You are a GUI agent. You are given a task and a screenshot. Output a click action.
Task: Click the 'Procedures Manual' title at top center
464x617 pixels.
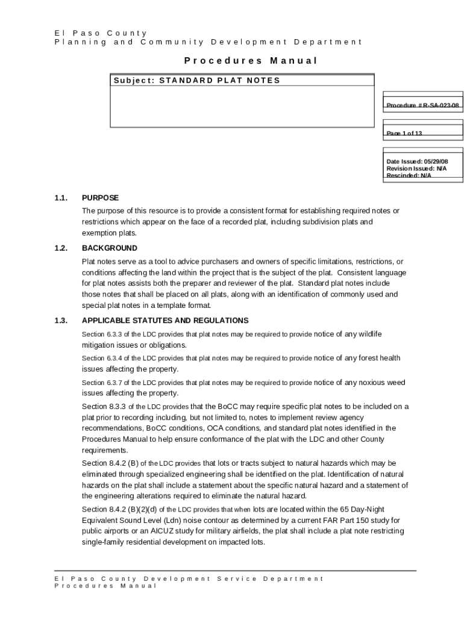[x=250, y=60]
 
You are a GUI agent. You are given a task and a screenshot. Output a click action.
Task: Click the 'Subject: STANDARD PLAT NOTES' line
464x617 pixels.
[x=196, y=80]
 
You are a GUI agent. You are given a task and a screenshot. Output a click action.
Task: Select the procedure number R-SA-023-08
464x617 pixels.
[x=424, y=105]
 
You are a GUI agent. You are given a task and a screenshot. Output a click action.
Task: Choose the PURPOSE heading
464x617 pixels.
[x=100, y=198]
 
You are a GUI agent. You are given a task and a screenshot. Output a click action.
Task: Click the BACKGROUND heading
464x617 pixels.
[x=110, y=248]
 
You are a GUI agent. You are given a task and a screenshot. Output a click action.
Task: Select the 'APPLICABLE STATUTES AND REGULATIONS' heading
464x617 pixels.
[x=165, y=321]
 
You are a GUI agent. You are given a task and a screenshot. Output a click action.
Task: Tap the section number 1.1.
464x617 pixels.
[x=60, y=198]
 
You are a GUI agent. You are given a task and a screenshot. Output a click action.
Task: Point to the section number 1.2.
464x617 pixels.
[x=60, y=248]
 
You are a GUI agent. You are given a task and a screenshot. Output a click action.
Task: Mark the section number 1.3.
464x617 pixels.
[x=60, y=321]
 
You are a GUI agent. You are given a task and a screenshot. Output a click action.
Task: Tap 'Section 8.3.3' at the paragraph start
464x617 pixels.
[x=104, y=407]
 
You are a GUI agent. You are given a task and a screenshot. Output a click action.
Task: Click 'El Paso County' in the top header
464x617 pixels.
[x=100, y=33]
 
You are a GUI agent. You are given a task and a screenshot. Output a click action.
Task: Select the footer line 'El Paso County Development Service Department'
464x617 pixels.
[x=189, y=578]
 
